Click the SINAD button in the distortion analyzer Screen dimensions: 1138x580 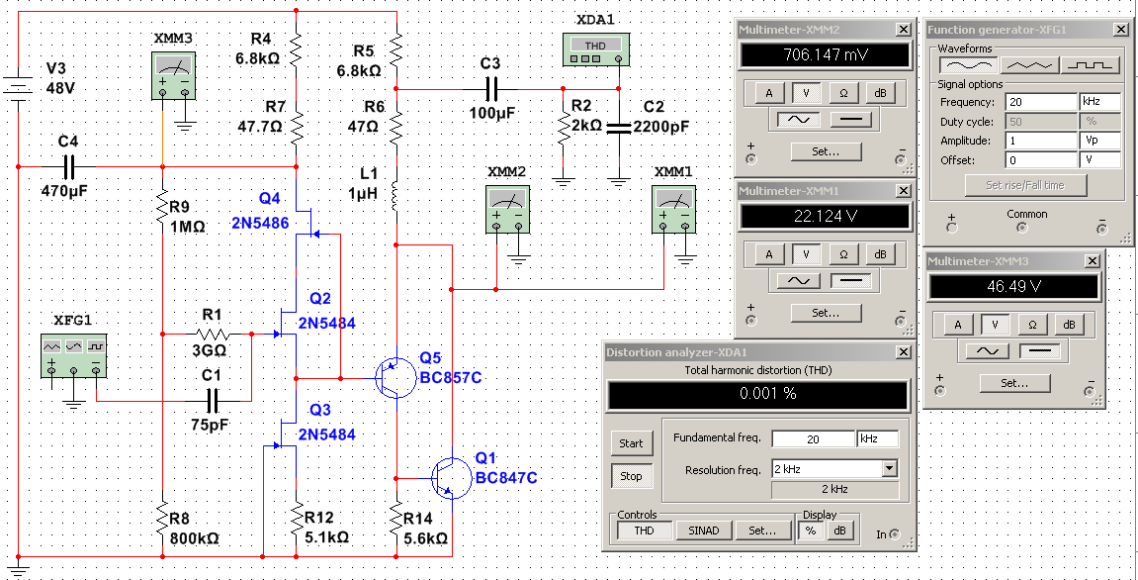[x=703, y=531]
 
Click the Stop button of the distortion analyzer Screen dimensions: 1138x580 [x=631, y=476]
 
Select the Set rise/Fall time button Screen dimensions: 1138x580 [x=1024, y=185]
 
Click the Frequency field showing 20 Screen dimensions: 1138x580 [x=1041, y=102]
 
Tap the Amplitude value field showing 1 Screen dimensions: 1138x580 [x=1041, y=141]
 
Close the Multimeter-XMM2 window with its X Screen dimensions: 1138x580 [x=902, y=30]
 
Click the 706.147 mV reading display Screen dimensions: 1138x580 [x=825, y=55]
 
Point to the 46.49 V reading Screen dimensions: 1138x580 [x=1014, y=286]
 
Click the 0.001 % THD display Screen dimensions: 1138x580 [x=757, y=395]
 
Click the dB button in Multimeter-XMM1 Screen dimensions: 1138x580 [x=880, y=254]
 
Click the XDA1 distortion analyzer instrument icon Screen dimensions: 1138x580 [x=594, y=49]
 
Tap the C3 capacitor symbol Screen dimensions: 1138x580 [x=491, y=89]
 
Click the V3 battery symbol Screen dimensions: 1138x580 [x=18, y=88]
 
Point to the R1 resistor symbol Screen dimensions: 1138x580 [x=212, y=335]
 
